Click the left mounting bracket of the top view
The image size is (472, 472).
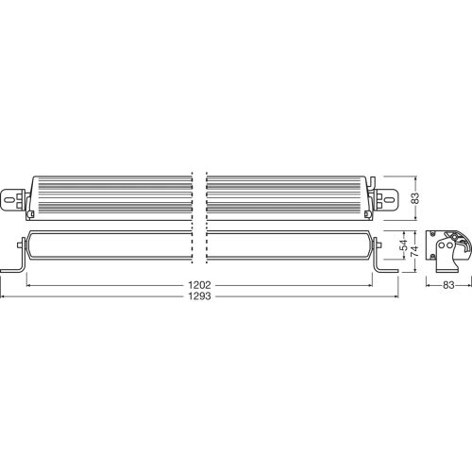pyautogui.click(x=18, y=199)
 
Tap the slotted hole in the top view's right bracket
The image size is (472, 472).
pyautogui.click(x=388, y=199)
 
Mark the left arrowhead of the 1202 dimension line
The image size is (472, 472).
pyautogui.click(x=28, y=283)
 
